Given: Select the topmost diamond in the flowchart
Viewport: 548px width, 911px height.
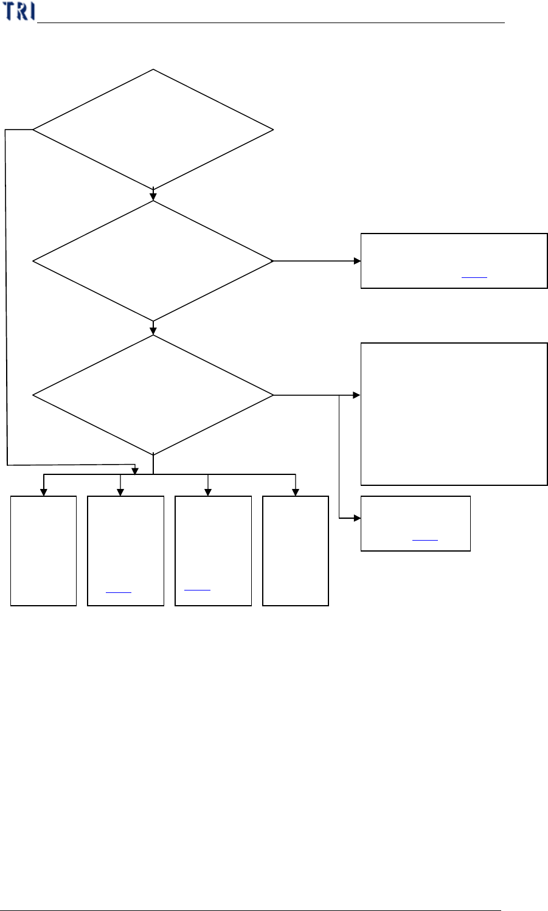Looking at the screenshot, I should click(153, 130).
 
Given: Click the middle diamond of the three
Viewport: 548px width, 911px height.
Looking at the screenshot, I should click(153, 261).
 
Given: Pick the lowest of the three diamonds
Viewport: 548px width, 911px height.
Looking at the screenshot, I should click(153, 395).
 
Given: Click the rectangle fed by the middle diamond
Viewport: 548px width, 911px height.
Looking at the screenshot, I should click(454, 260).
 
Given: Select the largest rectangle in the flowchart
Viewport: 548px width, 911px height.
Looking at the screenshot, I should click(454, 414).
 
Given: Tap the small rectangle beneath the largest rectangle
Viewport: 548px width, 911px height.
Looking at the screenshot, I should click(415, 524).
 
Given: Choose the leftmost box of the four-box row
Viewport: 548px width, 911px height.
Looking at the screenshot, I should click(44, 550).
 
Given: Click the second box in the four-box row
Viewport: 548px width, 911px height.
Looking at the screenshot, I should click(126, 550).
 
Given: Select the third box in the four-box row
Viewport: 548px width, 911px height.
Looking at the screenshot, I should click(213, 550).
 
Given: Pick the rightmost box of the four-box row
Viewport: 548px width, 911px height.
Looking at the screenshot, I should click(296, 550).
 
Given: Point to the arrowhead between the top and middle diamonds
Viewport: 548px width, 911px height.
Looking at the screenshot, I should click(153, 196).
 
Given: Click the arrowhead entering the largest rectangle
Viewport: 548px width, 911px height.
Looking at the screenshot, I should click(357, 395).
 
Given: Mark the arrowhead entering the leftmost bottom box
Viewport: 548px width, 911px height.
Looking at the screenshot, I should click(43, 493).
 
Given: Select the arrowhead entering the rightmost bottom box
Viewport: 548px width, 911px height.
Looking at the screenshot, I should click(296, 493).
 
